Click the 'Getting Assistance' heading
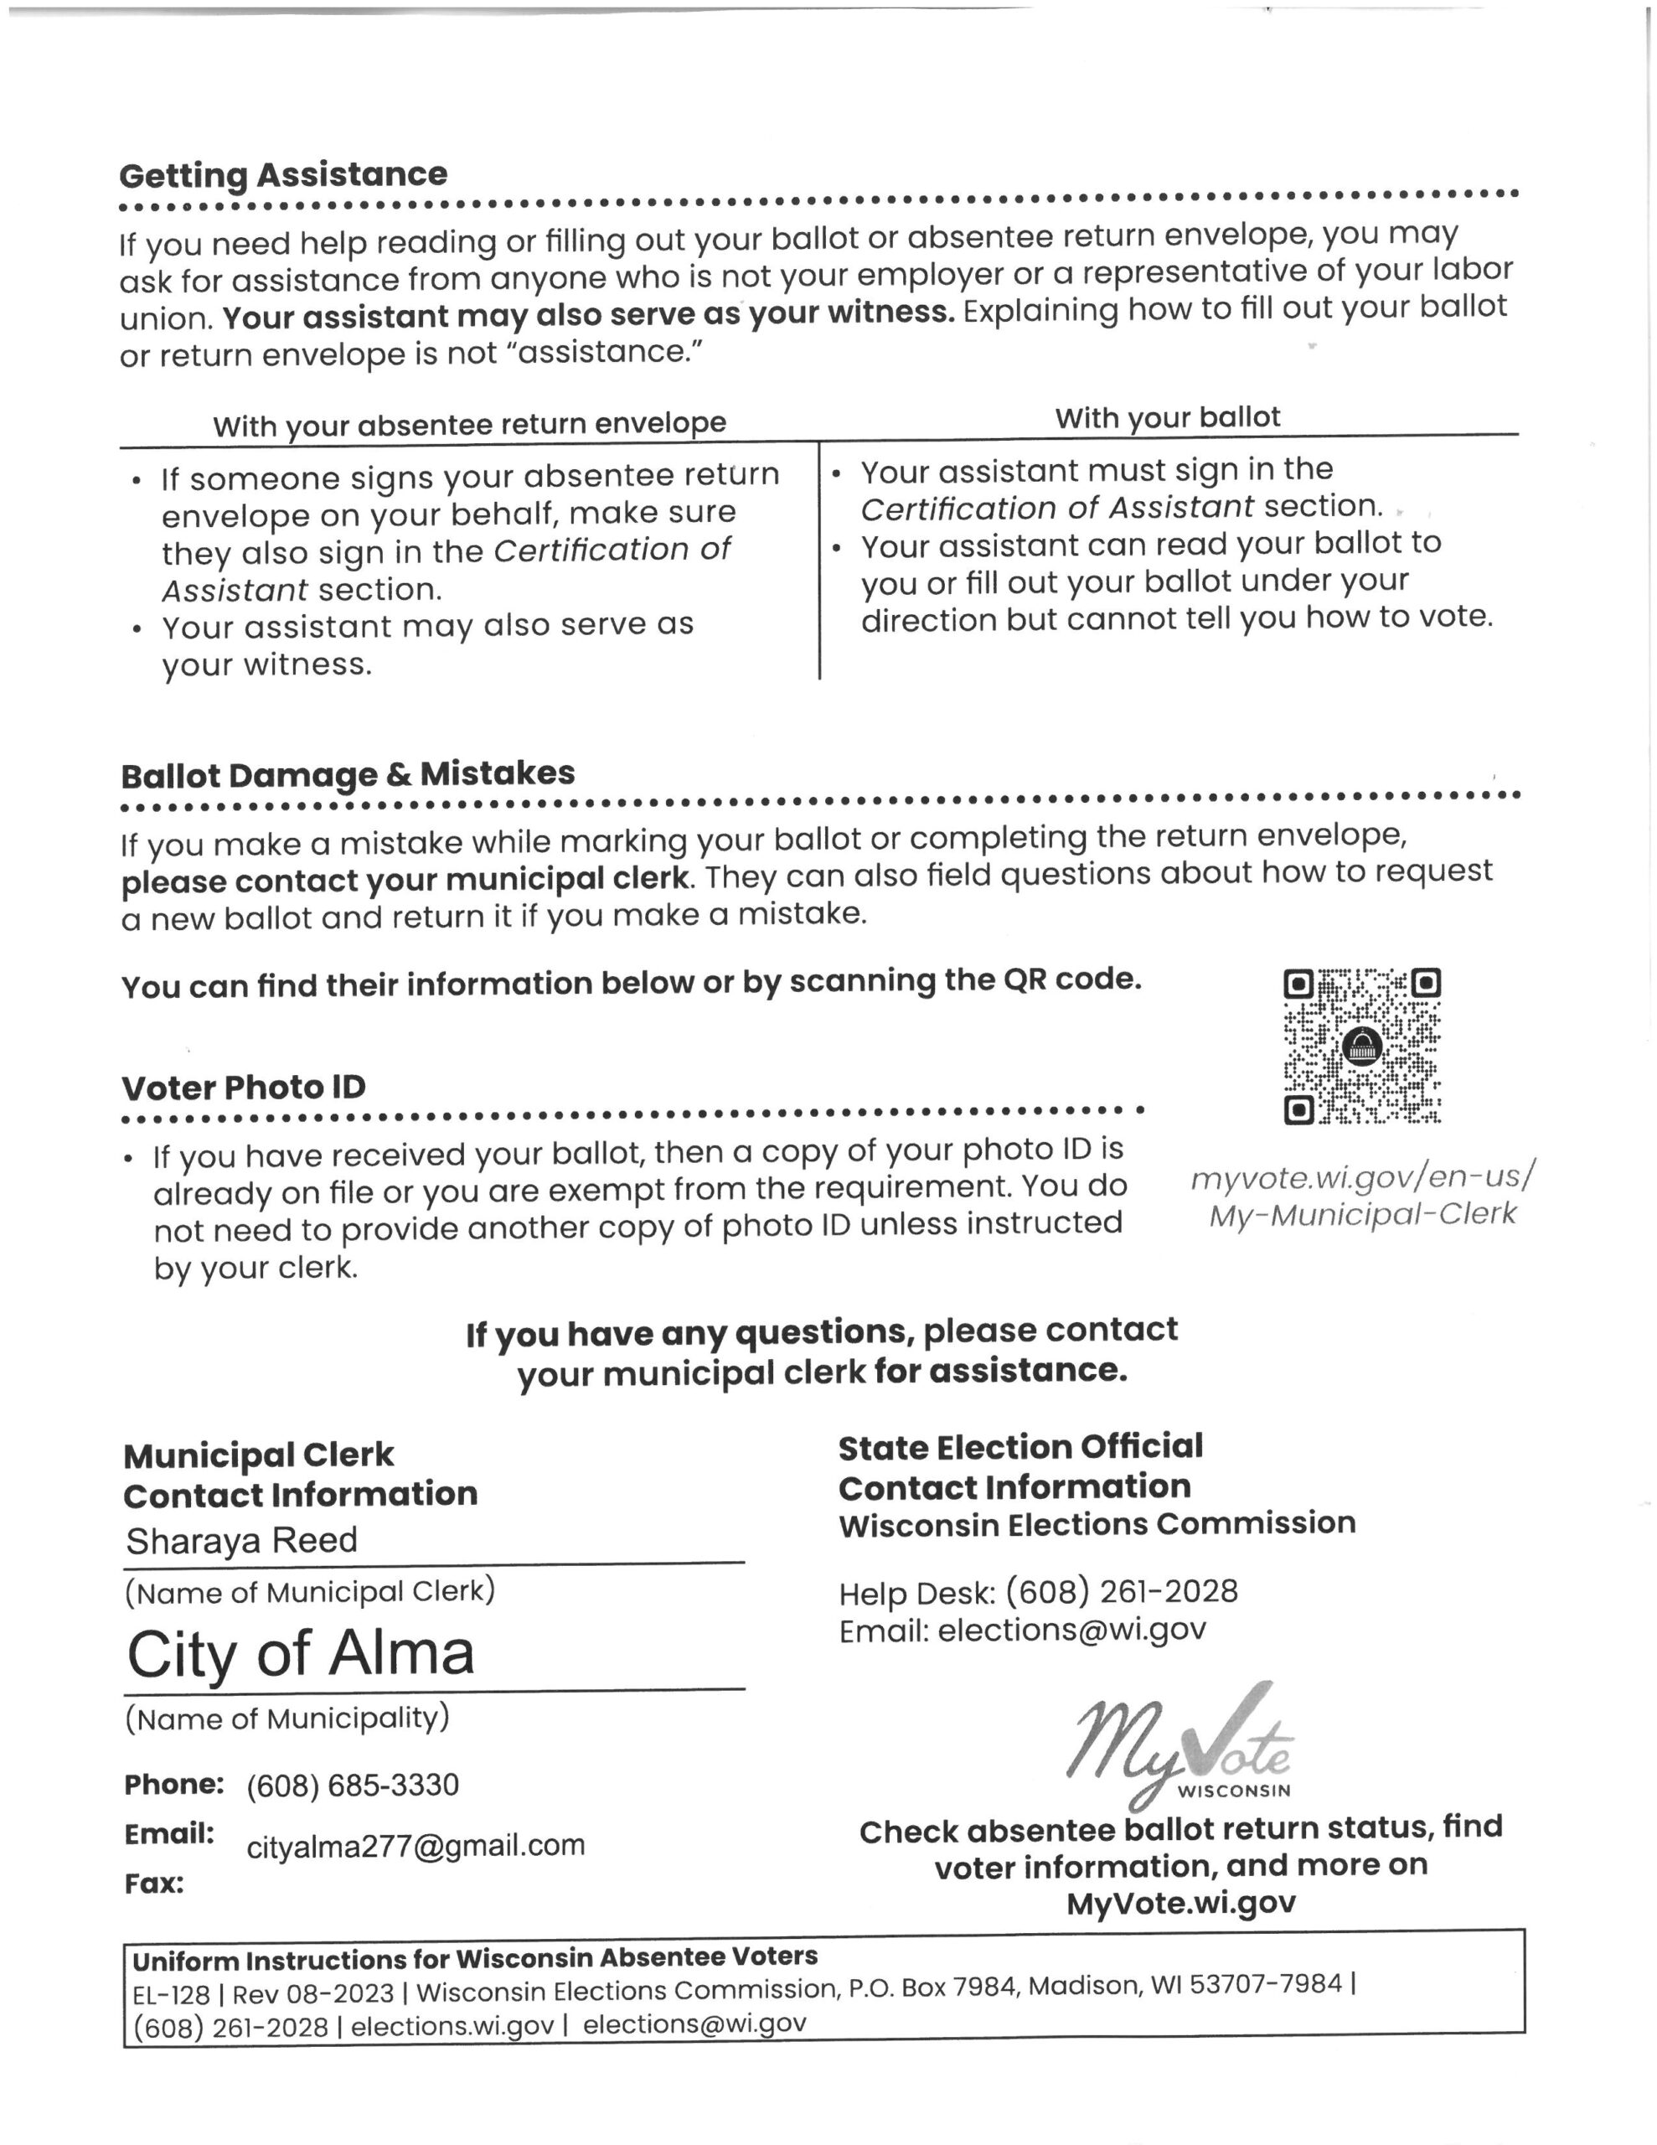283,176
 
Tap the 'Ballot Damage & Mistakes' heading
348,775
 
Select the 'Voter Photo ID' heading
244,1088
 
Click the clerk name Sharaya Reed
241,1540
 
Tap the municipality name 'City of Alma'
301,1654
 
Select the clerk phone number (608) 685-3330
353,1785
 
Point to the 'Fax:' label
154,1884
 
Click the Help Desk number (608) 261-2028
1122,1591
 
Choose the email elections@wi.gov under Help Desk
1071,1631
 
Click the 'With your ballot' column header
1167,417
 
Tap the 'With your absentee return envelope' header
469,424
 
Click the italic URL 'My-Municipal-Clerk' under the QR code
1362,1215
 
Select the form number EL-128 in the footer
171,1995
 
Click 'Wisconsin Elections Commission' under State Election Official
1097,1524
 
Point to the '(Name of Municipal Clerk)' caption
309,1592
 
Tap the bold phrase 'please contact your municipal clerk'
406,879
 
